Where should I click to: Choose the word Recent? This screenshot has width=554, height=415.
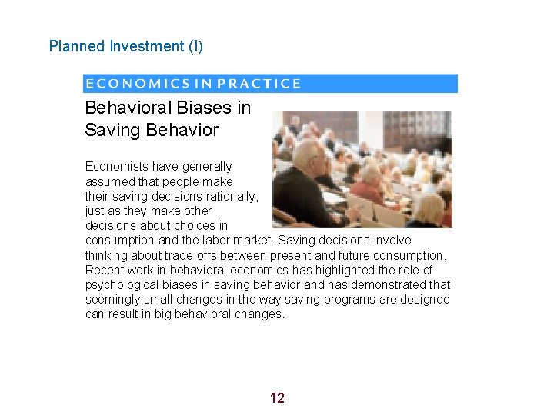pos(104,270)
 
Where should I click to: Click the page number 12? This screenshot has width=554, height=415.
pos(277,397)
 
